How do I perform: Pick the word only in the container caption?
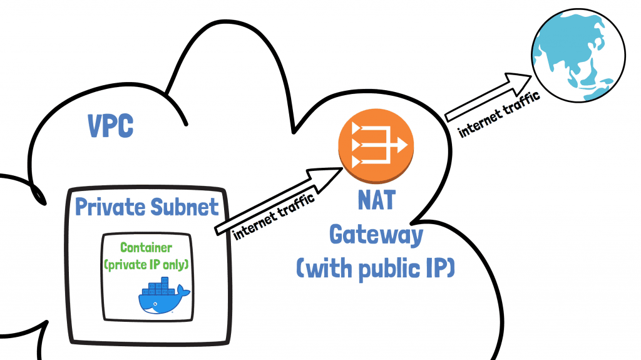pyautogui.click(x=177, y=264)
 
